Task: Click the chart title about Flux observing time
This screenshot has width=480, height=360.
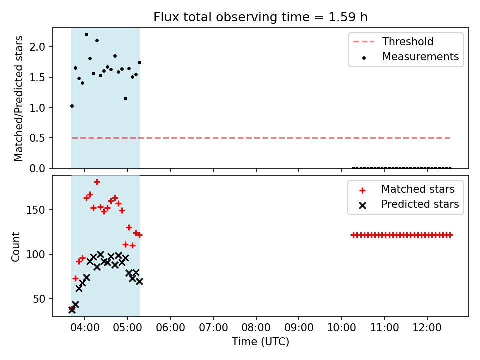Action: [x=260, y=17]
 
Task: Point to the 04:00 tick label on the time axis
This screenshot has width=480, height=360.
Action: [x=85, y=328]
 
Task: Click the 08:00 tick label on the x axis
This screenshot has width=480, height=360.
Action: [x=256, y=328]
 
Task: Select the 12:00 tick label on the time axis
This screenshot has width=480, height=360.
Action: [x=427, y=328]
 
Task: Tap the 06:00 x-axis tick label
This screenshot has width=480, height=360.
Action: [x=171, y=328]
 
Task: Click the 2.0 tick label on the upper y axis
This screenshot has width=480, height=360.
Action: [x=37, y=47]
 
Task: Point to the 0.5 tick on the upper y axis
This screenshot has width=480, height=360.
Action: [x=37, y=138]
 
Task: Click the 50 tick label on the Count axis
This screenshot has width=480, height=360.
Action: [x=39, y=299]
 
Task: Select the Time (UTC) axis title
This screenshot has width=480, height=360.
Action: [x=260, y=342]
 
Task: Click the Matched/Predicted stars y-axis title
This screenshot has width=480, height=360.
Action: [x=19, y=98]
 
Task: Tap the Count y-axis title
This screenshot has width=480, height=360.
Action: [x=15, y=247]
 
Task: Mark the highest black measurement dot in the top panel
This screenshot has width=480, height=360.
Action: [x=86, y=35]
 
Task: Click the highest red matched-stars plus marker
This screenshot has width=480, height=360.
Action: [x=97, y=182]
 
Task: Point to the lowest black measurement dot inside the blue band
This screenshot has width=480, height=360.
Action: [x=72, y=106]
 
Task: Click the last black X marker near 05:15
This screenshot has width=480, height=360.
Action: [x=139, y=281]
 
